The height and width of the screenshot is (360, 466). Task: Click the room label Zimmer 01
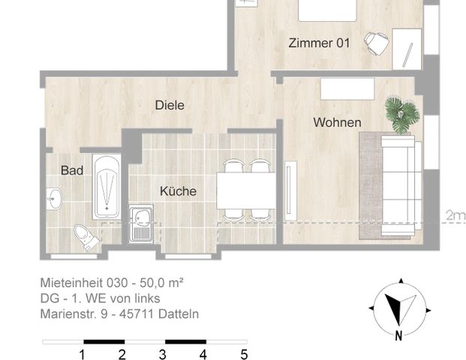(x=319, y=43)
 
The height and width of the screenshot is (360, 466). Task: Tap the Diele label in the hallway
(x=170, y=106)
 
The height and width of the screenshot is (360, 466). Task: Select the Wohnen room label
(x=337, y=122)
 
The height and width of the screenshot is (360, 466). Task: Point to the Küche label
(x=178, y=191)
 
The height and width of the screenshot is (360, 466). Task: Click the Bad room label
(x=72, y=171)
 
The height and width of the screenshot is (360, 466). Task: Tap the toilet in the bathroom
(x=87, y=237)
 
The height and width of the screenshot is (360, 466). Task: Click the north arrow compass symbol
(x=395, y=307)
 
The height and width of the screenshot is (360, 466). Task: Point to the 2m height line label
(x=454, y=216)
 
